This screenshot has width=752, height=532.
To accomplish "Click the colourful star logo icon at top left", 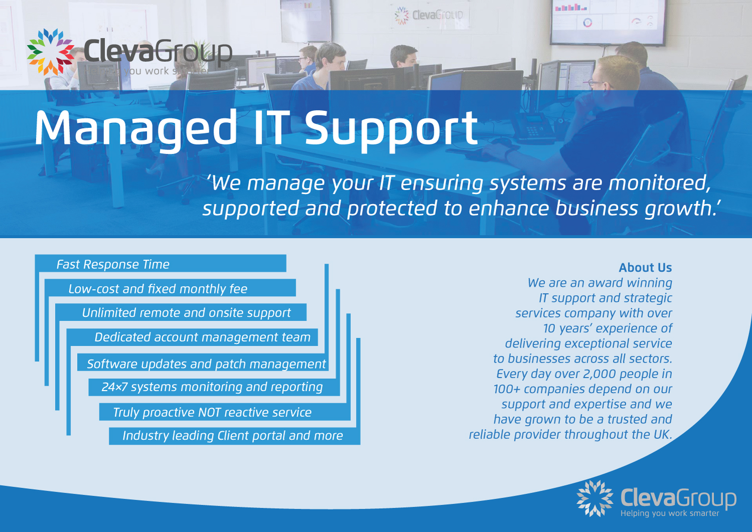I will click(x=50, y=52).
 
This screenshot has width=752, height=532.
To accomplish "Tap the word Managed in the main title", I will click(x=135, y=128).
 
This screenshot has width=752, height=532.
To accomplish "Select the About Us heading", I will click(x=645, y=268).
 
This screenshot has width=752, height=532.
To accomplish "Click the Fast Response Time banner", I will click(x=160, y=264).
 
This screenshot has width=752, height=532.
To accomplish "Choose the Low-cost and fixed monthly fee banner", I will click(x=170, y=288).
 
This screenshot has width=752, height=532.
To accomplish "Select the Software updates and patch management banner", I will click(x=206, y=364).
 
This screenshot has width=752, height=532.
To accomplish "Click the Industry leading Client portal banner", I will click(x=233, y=436).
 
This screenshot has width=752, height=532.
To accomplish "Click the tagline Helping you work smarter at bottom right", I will click(x=669, y=513).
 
